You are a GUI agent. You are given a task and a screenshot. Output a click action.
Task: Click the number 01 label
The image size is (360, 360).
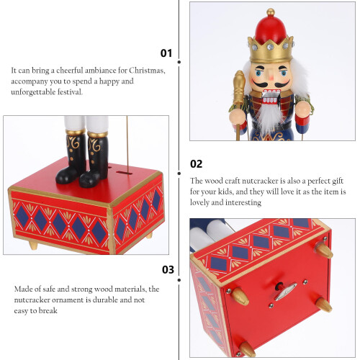(x=166, y=53)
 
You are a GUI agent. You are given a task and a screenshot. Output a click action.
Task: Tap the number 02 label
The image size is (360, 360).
(x=196, y=164)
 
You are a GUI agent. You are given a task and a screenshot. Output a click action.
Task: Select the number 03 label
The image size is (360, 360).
(x=168, y=269)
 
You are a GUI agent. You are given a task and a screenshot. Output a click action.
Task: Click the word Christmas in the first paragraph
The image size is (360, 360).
(x=147, y=71)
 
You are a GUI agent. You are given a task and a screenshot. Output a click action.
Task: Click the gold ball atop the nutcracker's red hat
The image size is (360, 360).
(x=271, y=12)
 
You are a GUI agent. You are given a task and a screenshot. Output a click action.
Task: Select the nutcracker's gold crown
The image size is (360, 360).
(x=271, y=50)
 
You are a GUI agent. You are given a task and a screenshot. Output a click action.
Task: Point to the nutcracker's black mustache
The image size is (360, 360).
(x=271, y=84)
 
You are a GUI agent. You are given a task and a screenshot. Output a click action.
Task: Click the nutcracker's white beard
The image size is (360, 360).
(x=269, y=117)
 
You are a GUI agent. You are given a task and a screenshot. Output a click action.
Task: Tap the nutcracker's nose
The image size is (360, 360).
(x=271, y=77)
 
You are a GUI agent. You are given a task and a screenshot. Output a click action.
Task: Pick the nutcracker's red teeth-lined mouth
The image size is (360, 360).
(x=271, y=96)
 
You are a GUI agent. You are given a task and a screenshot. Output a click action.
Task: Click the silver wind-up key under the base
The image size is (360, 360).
(x=287, y=292)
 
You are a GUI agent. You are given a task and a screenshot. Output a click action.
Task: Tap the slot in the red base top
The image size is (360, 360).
(x=124, y=173)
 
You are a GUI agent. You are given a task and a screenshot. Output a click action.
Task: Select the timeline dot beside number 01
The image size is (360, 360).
(x=179, y=62)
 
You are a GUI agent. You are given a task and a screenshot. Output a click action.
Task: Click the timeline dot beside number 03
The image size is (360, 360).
(x=179, y=280)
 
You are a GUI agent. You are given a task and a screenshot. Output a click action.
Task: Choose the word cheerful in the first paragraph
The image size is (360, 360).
(x=69, y=71)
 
